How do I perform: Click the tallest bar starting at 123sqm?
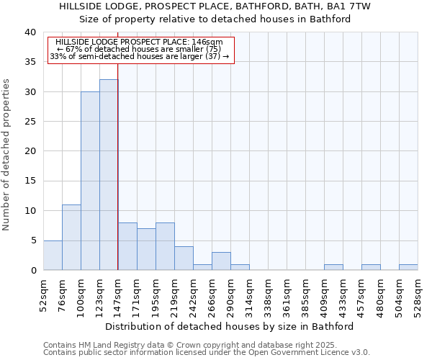[x=109, y=175]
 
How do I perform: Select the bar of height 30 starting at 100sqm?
[x=90, y=181]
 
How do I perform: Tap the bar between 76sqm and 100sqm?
[x=71, y=238]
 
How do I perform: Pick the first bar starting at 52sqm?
[x=53, y=255]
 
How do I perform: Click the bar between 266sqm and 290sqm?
[x=221, y=261]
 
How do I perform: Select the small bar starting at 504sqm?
[x=408, y=267]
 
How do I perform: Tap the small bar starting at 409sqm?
[x=333, y=267]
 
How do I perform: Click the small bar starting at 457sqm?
[x=371, y=267]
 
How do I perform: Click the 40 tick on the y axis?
[x=30, y=32]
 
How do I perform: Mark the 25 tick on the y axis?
[x=30, y=122]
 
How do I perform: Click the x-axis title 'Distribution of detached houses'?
[x=234, y=326]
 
